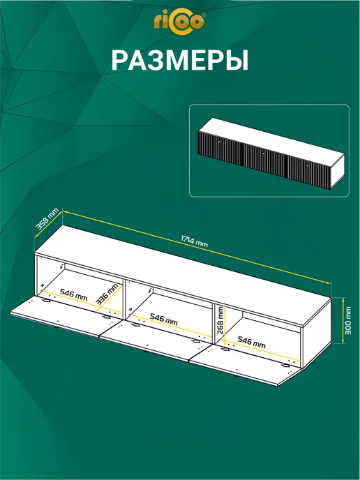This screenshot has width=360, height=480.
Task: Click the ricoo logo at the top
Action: point(180,22)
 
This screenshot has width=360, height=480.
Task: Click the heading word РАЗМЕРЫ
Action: point(180,61)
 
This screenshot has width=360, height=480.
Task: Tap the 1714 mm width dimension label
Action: point(194,241)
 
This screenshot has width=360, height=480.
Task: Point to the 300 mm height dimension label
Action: point(348,320)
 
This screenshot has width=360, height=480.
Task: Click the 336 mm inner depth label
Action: point(107,294)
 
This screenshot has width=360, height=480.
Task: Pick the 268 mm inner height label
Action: point(220,321)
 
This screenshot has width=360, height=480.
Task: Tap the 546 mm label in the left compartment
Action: point(73,294)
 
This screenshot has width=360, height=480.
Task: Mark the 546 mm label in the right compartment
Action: point(252,343)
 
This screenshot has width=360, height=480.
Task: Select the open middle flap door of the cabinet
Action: point(156,340)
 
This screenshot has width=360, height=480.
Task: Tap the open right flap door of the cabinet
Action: point(245,363)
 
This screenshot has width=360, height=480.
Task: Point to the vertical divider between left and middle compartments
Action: point(124,299)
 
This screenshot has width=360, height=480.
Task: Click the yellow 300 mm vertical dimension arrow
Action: point(342,320)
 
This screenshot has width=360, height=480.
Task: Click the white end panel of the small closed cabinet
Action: point(338,172)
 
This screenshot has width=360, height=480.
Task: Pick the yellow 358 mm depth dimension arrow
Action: point(49,224)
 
